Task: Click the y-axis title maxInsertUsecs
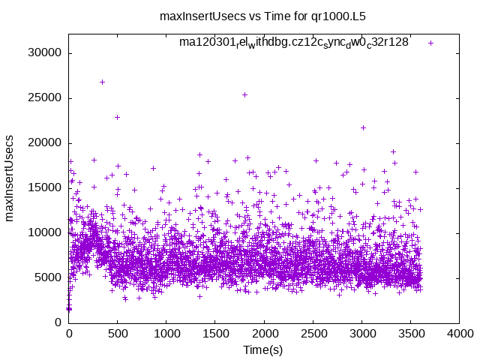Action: (x=10, y=178)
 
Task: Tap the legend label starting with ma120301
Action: (x=293, y=43)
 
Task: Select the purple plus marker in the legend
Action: (x=430, y=43)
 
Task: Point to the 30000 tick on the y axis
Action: (x=45, y=53)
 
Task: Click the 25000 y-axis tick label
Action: (x=45, y=98)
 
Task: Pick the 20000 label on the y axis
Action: (x=45, y=143)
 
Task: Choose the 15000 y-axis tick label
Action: (x=45, y=187)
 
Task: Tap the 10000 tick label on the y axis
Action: (x=45, y=232)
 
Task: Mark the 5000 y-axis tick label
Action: (x=48, y=277)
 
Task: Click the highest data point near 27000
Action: (x=102, y=82)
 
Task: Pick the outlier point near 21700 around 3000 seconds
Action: (x=363, y=127)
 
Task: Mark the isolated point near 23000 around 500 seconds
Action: (x=117, y=117)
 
